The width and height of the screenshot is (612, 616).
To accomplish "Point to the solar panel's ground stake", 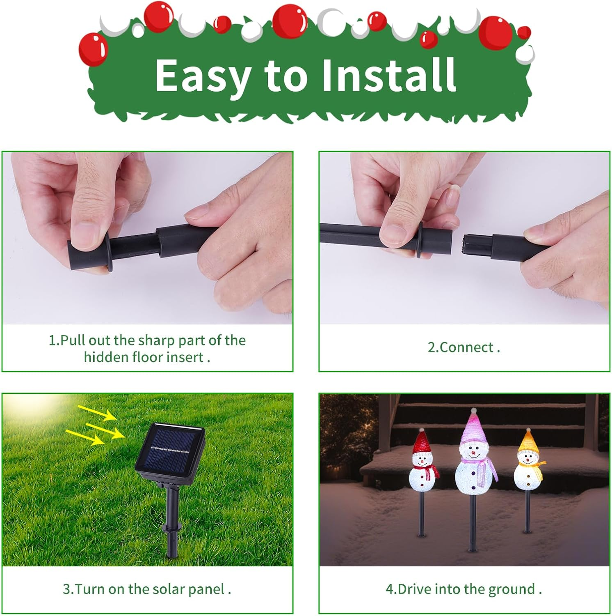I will coord(171,522).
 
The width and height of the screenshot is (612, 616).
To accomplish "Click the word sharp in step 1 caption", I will coord(156,340).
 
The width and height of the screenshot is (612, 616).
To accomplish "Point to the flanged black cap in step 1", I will coord(88,255).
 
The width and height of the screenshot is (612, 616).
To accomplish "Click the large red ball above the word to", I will coord(290,21).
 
